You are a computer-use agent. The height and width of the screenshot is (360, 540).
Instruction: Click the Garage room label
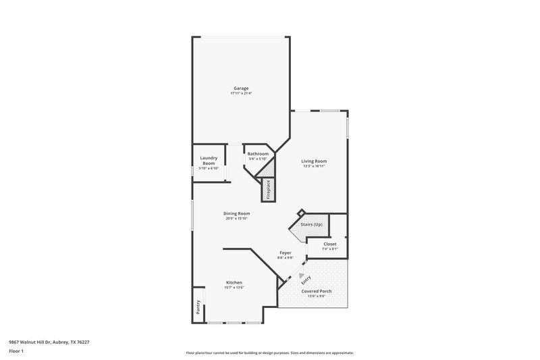pyautogui.click(x=241, y=88)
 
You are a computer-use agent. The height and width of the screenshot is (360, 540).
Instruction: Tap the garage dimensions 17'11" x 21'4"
pyautogui.click(x=241, y=93)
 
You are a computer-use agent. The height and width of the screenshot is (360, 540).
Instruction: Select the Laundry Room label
pyautogui.click(x=209, y=161)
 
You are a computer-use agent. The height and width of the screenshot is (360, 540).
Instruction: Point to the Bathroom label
pyautogui.click(x=258, y=154)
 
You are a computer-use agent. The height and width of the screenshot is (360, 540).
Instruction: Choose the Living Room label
pyautogui.click(x=314, y=161)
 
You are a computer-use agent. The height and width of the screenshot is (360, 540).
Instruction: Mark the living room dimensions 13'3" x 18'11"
pyautogui.click(x=314, y=166)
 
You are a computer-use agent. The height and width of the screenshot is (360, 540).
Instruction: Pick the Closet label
pyautogui.click(x=329, y=244)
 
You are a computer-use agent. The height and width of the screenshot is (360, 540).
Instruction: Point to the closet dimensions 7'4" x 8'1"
pyautogui.click(x=329, y=249)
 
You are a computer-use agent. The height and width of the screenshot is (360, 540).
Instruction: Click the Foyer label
pyautogui.click(x=286, y=253)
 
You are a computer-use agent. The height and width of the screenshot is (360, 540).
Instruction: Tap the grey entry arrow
pyautogui.click(x=292, y=275)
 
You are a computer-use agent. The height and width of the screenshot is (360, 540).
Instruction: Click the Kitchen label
pyautogui.click(x=234, y=282)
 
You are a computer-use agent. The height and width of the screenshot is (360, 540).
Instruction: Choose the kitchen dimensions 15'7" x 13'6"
pyautogui.click(x=234, y=288)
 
